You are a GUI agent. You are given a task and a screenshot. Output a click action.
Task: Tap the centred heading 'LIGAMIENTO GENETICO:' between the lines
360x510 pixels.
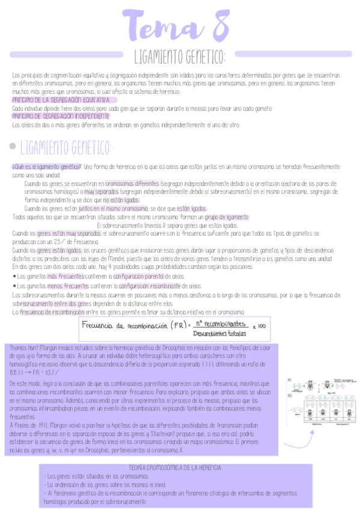pos(180,58)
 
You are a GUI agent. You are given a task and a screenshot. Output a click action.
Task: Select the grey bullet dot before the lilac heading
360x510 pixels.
pos(13,147)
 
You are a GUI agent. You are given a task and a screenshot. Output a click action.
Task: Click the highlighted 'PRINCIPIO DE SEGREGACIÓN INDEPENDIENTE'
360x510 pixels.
pos(61,116)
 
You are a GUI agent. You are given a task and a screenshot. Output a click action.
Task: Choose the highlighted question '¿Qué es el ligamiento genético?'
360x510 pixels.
pos(46,167)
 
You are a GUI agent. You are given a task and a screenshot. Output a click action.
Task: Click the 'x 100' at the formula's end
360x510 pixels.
pos(259,327)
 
